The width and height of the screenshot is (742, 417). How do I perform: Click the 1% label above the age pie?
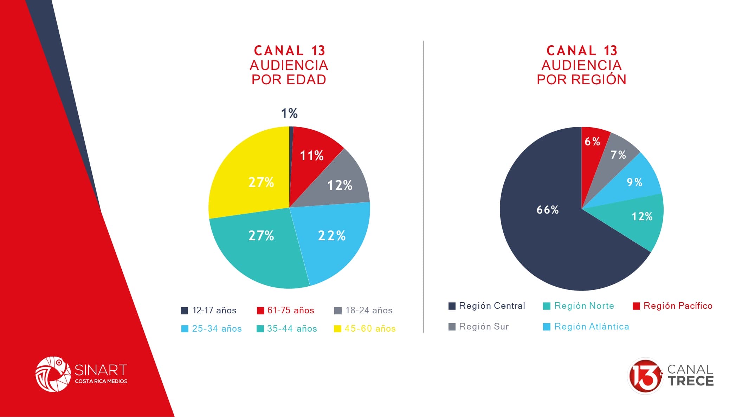[x=289, y=113]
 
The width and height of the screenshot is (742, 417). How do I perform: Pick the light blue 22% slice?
[x=330, y=239]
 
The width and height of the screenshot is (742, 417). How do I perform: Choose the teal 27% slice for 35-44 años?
[x=260, y=242]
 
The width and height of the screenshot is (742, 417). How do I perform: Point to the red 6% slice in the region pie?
[x=592, y=144]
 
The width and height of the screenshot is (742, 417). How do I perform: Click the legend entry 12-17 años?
[x=209, y=310]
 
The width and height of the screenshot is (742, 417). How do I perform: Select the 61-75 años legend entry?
[x=285, y=310]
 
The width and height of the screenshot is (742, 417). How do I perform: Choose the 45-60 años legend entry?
[x=365, y=328]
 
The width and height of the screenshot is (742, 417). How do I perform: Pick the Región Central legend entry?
[x=487, y=306]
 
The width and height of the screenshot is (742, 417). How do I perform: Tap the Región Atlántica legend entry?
[x=586, y=326]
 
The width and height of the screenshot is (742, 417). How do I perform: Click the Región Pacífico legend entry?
[x=672, y=306]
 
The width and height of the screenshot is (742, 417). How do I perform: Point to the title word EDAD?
[x=307, y=80]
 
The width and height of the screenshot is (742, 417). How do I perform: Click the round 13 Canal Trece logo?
[x=645, y=376]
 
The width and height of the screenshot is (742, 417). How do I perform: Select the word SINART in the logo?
[x=101, y=370]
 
